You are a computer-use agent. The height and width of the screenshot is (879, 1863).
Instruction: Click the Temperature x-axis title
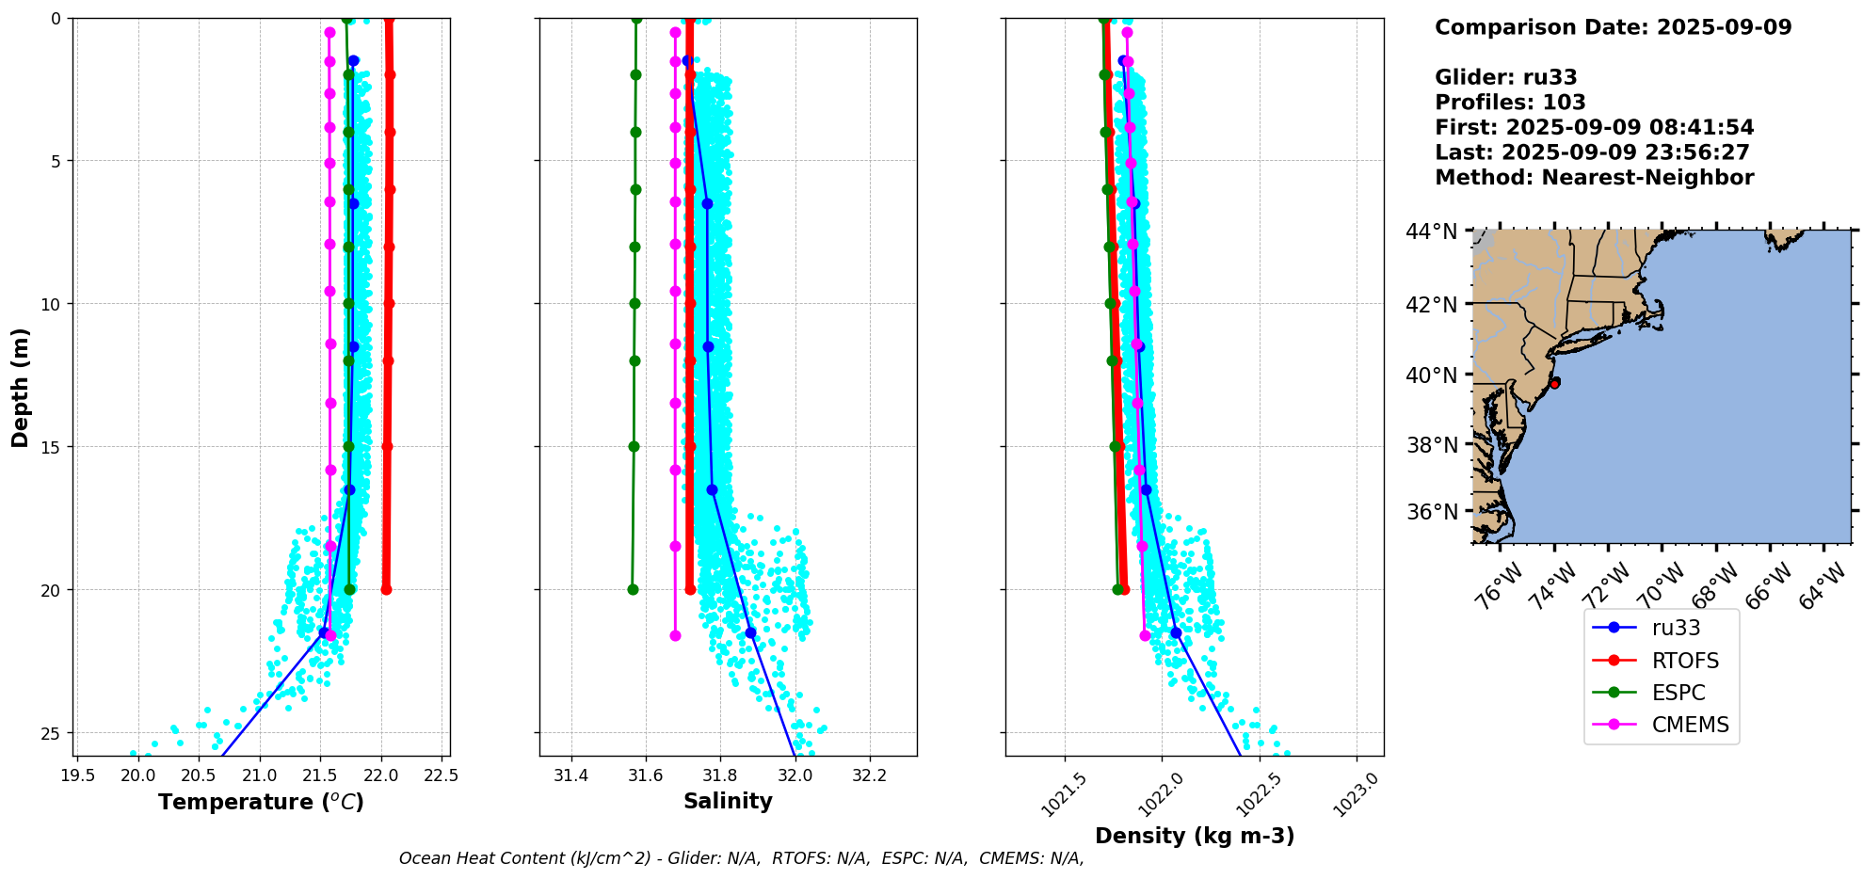[261, 802]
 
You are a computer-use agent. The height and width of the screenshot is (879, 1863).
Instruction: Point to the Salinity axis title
[728, 801]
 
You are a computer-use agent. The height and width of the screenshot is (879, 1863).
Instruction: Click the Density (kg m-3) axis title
[1195, 836]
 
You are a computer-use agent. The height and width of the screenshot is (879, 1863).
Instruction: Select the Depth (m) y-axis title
[21, 387]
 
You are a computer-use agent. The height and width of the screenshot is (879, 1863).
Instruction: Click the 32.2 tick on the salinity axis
[869, 775]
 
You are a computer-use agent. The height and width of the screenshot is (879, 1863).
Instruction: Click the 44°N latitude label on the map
[1431, 232]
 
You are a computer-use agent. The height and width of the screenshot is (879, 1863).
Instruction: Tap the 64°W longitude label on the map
[1823, 585]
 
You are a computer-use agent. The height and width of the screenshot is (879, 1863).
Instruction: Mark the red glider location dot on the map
[1554, 383]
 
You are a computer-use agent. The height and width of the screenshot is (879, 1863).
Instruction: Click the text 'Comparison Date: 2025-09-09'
[1613, 27]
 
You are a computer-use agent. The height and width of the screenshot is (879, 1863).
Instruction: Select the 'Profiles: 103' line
[1510, 103]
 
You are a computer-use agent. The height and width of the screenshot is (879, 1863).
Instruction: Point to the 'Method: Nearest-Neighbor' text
[1594, 178]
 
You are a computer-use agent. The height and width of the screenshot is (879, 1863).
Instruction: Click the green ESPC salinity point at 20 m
[633, 590]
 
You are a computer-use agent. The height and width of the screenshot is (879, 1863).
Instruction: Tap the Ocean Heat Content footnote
[741, 858]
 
